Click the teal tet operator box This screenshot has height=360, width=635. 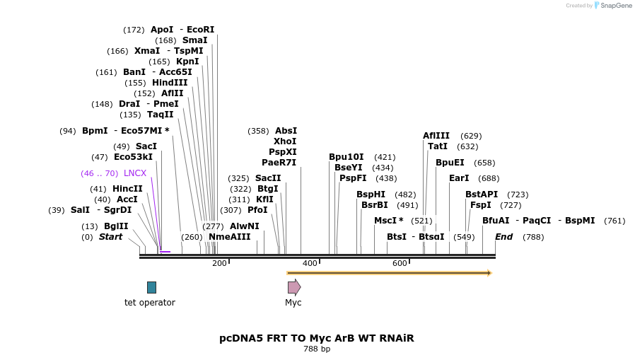click(x=151, y=287)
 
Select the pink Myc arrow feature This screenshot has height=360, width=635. click(x=293, y=287)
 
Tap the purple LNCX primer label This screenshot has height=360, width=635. click(x=135, y=173)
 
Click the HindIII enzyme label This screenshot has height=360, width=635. click(x=170, y=83)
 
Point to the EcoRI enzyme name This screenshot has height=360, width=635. click(x=200, y=30)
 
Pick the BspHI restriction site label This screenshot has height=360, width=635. click(x=371, y=194)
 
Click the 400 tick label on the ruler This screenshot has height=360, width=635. click(x=310, y=263)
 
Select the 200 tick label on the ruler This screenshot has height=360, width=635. click(x=219, y=263)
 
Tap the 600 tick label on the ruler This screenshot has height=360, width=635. click(x=400, y=263)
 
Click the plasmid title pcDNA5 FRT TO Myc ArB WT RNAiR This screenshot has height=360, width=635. click(x=317, y=338)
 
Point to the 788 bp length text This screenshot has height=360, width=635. click(x=317, y=349)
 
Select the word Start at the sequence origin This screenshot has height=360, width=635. click(x=110, y=237)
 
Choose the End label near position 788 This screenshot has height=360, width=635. click(x=503, y=237)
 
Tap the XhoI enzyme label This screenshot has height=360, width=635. click(x=285, y=141)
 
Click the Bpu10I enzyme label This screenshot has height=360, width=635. click(x=346, y=157)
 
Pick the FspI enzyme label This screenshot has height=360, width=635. click(x=481, y=205)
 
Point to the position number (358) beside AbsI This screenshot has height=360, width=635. click(x=258, y=131)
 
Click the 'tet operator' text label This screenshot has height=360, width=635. click(x=150, y=303)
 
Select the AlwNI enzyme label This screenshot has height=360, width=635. click(x=245, y=226)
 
